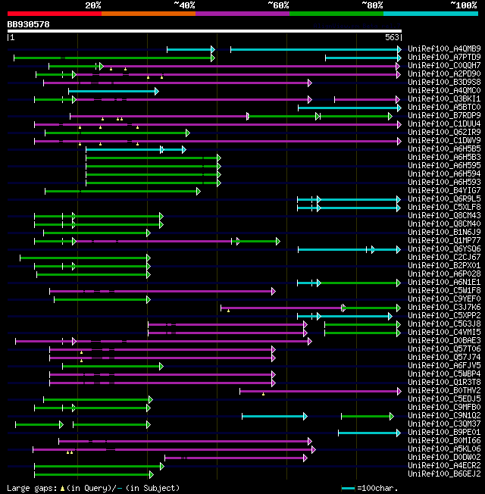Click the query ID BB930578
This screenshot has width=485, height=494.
[28, 24]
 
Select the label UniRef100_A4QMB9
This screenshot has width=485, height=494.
[443, 49]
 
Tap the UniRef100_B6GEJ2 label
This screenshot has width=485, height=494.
[443, 474]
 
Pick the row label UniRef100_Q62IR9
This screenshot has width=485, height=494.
[443, 133]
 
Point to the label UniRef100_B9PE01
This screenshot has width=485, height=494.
[443, 433]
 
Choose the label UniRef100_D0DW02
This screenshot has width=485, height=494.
[443, 458]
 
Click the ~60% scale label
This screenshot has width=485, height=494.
[278, 5]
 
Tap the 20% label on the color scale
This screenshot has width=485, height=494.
[93, 5]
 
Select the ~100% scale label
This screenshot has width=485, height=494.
[463, 5]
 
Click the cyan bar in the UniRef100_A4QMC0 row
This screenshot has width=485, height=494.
[113, 91]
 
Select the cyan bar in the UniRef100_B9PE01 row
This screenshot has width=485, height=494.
[368, 433]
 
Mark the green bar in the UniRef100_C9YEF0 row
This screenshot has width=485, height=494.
[102, 299]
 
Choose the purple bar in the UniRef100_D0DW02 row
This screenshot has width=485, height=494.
[235, 458]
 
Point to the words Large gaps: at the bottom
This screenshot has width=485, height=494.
[31, 488]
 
